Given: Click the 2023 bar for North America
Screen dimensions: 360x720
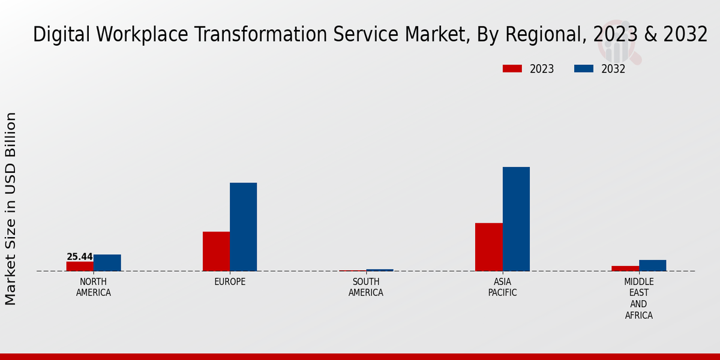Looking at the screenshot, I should coord(80,266).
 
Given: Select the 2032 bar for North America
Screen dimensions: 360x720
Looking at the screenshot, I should coord(107,263).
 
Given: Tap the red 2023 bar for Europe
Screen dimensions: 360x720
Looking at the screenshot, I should coord(216,251).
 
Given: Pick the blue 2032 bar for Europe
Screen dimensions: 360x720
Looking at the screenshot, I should coord(244,227).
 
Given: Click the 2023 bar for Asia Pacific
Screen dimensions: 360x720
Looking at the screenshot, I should coord(489,247).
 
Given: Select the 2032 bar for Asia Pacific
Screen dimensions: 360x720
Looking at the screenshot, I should coord(516,219).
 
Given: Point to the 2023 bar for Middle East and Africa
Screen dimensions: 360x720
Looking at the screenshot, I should coord(625,269).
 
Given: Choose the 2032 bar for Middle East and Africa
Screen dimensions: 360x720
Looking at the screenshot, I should coord(653,266).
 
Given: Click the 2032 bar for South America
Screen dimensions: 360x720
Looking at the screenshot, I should coord(380,271).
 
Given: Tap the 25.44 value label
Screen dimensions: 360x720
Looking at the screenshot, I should coord(80,257).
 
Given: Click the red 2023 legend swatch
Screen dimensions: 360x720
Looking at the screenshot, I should coord(512,69).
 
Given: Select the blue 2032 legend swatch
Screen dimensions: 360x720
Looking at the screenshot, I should coord(584,69).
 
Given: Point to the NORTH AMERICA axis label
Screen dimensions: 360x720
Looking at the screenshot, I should coord(94,287).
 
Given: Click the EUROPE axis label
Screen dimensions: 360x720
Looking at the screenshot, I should coord(230,282).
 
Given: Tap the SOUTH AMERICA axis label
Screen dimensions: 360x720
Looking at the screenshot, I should coord(366,287).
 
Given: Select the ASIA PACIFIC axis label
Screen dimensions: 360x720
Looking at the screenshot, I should coord(502,287).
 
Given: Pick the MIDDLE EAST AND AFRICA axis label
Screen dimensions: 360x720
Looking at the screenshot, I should coord(639,298).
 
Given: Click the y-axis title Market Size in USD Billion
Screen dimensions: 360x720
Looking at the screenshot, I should coord(11,208).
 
